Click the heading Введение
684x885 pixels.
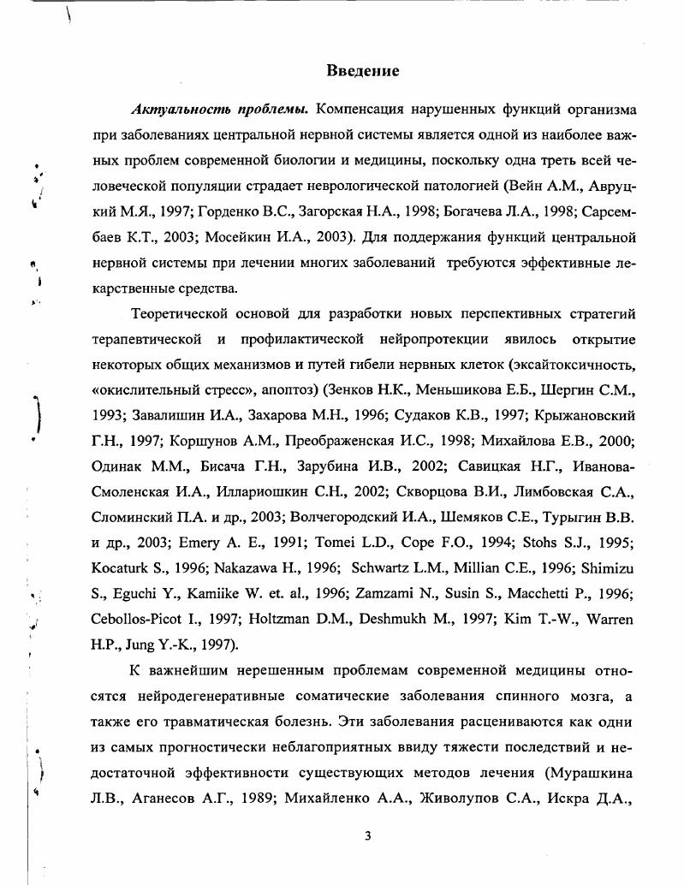(x=363, y=70)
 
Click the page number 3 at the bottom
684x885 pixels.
(x=367, y=836)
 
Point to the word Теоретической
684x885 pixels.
(x=182, y=314)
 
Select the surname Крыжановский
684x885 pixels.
(x=587, y=416)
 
